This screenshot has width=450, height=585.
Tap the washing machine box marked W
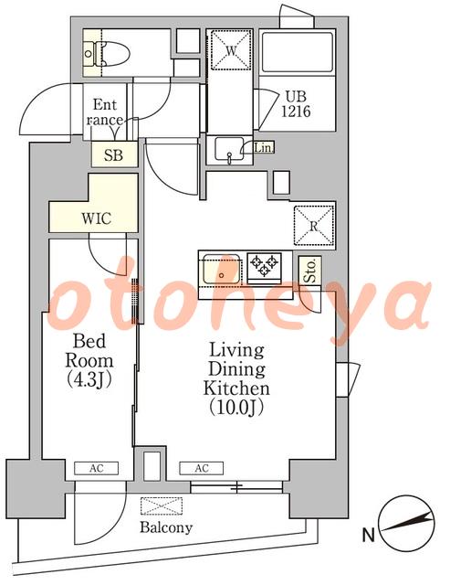(x=231, y=50)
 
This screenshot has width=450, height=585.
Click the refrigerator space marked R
(x=314, y=226)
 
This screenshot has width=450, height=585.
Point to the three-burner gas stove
(x=265, y=265)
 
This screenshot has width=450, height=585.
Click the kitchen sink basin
(x=221, y=269)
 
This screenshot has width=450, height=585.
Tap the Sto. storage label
(x=311, y=271)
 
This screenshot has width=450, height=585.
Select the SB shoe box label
(x=113, y=154)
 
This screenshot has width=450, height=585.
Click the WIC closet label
(x=96, y=218)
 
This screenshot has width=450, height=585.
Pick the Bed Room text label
(x=89, y=351)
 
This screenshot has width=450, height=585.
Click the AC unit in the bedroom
(x=97, y=468)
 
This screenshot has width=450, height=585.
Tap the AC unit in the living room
(x=202, y=468)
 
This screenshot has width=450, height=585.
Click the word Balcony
(x=166, y=527)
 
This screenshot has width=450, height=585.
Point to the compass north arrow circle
(x=406, y=523)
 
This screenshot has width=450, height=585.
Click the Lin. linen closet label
(x=264, y=148)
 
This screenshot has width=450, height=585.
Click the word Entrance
(x=105, y=112)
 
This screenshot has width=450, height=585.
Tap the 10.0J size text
(x=237, y=407)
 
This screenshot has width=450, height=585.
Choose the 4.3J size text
(x=89, y=379)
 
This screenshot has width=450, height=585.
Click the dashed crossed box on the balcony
(x=162, y=505)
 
